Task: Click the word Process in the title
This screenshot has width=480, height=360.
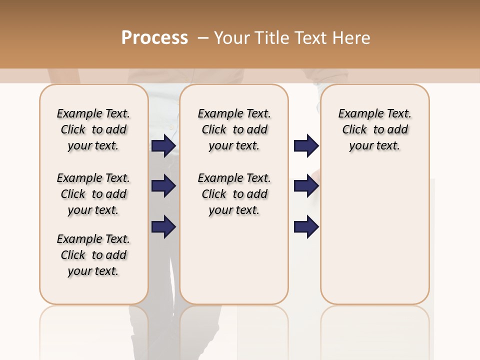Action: point(154,38)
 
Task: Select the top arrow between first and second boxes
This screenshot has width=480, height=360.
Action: point(163,145)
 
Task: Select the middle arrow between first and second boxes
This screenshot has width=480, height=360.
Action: point(163,186)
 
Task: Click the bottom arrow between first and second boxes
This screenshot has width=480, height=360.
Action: point(163,227)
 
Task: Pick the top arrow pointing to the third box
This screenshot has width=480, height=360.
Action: point(306,145)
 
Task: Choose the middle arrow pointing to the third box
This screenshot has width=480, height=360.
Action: point(306,186)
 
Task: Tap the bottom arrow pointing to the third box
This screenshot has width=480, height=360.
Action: point(306,227)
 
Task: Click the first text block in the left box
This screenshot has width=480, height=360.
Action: point(93,129)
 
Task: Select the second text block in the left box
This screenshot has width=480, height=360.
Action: point(93,194)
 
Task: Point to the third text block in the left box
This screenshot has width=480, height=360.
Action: point(93,255)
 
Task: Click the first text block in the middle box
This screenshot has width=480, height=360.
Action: point(234,129)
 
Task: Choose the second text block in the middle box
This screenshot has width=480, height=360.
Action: point(234,194)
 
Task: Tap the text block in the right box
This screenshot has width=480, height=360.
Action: point(374,129)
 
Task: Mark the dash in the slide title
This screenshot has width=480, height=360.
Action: point(203,38)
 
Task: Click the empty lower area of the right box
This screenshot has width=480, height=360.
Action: point(374,235)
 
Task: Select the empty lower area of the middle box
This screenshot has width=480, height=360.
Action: point(234,260)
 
